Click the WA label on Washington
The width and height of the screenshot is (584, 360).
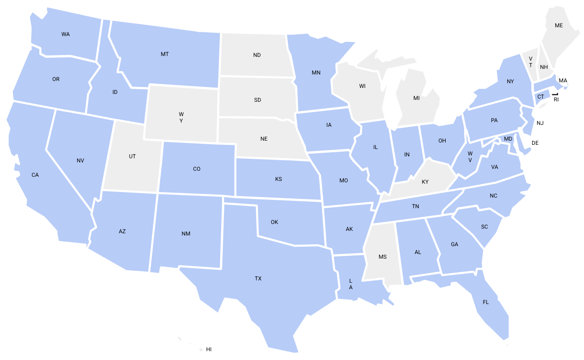(65, 34)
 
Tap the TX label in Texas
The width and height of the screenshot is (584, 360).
(258, 279)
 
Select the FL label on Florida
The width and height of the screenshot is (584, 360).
(486, 302)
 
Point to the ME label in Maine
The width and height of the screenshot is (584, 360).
(559, 25)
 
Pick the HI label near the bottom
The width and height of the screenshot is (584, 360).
(209, 349)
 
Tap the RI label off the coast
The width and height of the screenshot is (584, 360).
(556, 99)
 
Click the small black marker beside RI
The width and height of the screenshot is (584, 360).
(555, 94)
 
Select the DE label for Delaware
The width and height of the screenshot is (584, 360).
(535, 143)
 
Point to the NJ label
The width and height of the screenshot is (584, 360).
(540, 123)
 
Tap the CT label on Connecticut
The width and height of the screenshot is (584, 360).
(541, 97)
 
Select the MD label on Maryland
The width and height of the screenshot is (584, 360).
(508, 139)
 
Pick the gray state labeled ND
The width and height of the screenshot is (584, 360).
(257, 55)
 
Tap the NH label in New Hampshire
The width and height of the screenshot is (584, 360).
(544, 67)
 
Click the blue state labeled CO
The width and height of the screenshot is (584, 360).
(197, 169)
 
